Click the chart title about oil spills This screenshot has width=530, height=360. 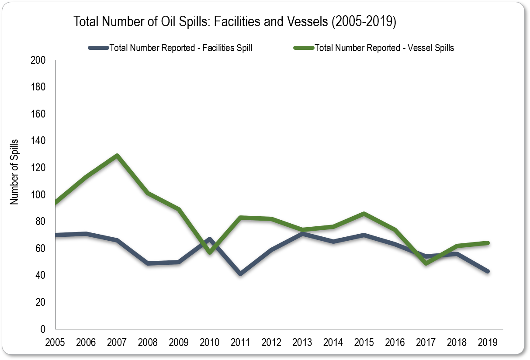click(x=235, y=22)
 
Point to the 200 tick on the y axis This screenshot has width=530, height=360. click(x=38, y=60)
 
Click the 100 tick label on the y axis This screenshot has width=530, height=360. click(x=38, y=195)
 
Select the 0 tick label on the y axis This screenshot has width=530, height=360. click(x=43, y=329)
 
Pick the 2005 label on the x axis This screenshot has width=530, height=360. click(x=55, y=342)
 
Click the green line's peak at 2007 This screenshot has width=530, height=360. click(x=117, y=156)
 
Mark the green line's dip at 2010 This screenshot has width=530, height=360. click(x=210, y=252)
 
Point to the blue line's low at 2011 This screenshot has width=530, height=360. click(x=241, y=274)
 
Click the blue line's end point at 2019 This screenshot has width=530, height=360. click(x=488, y=271)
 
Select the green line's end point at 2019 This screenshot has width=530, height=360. click(x=488, y=243)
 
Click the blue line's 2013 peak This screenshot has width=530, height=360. click(x=302, y=234)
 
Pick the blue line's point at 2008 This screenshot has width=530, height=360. click(x=148, y=263)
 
